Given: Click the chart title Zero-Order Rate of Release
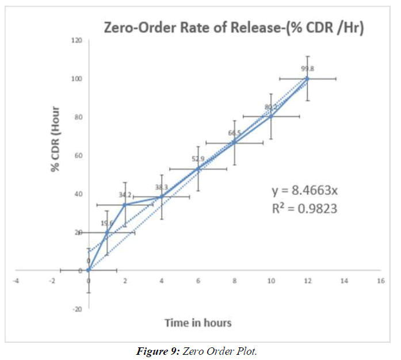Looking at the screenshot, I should coord(233,27).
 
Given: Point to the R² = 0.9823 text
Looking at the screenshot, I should coord(304,209).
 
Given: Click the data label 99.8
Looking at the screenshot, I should coord(308,68).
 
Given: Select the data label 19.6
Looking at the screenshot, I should coord(107,223).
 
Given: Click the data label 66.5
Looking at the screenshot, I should coord(235,133).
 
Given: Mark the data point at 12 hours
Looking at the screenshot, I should coord(307,78).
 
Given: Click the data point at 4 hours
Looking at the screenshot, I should coord(162,197).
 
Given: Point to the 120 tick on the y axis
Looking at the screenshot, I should coord(77,40).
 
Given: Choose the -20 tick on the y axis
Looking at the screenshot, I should coord(77,309).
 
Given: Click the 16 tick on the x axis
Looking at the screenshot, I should coord(380,281).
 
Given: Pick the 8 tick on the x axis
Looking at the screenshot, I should coord(234,281).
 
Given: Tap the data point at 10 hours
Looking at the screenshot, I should coord(271,116).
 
